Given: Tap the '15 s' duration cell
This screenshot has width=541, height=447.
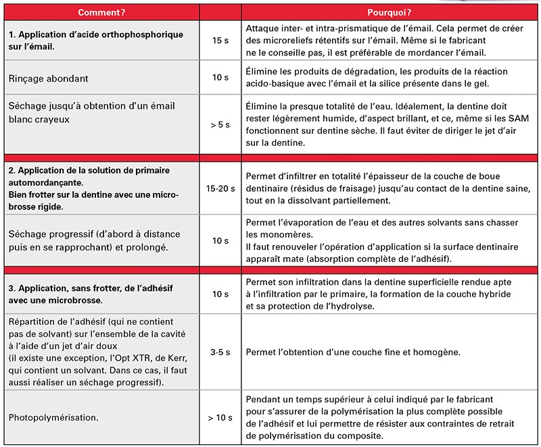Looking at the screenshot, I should (220, 41).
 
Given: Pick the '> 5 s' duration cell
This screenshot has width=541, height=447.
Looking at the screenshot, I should (220, 124).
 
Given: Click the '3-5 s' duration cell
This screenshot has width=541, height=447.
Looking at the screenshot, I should (220, 352).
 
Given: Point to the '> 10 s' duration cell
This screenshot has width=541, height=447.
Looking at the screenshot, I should (220, 417).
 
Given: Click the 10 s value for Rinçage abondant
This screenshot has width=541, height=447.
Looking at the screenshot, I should (220, 78).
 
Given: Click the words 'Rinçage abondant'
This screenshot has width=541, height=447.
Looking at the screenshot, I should (49, 78).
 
